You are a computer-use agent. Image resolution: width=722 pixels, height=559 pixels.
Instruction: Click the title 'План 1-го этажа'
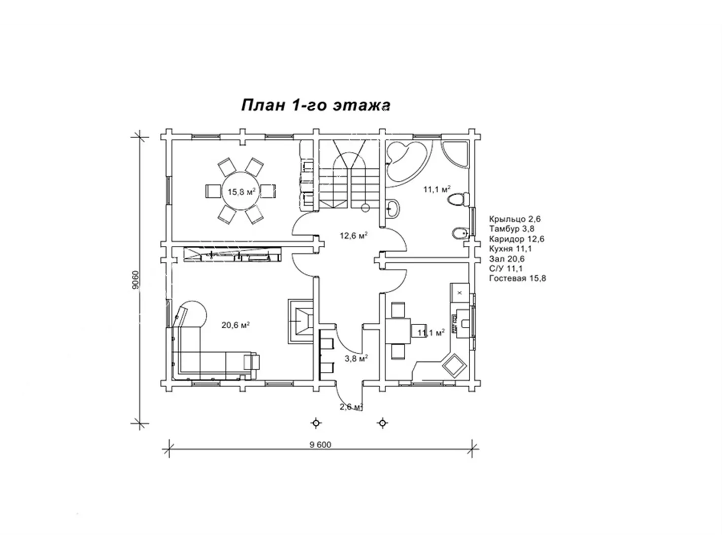click(315, 105)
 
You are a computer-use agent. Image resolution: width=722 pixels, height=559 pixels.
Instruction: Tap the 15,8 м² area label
click(241, 192)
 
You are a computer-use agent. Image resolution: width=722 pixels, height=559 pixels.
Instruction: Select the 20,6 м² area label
click(236, 325)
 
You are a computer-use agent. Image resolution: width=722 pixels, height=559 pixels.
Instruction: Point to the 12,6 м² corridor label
click(353, 235)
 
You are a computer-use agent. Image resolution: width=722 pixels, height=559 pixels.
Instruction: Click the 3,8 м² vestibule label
click(356, 358)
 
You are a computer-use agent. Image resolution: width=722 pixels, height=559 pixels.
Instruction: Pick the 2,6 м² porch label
click(351, 407)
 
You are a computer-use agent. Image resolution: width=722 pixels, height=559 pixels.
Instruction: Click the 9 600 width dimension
click(320, 445)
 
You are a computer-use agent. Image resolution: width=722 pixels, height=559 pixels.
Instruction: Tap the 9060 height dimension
click(136, 279)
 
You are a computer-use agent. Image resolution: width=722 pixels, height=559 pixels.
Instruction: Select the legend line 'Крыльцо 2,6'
click(515, 219)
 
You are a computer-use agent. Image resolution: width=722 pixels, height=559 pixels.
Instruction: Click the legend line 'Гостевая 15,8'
click(517, 278)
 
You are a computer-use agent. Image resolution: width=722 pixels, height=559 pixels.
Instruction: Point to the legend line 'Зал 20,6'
click(507, 258)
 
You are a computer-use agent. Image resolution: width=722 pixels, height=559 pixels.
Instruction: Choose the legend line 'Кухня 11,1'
click(510, 249)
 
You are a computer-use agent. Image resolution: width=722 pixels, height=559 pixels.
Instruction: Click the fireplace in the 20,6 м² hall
click(301, 321)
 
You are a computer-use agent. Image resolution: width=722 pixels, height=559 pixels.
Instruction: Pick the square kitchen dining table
click(398, 331)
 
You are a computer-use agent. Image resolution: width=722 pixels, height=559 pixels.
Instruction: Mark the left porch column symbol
click(316, 423)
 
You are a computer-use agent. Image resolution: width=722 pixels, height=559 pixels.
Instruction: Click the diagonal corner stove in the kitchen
click(454, 366)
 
